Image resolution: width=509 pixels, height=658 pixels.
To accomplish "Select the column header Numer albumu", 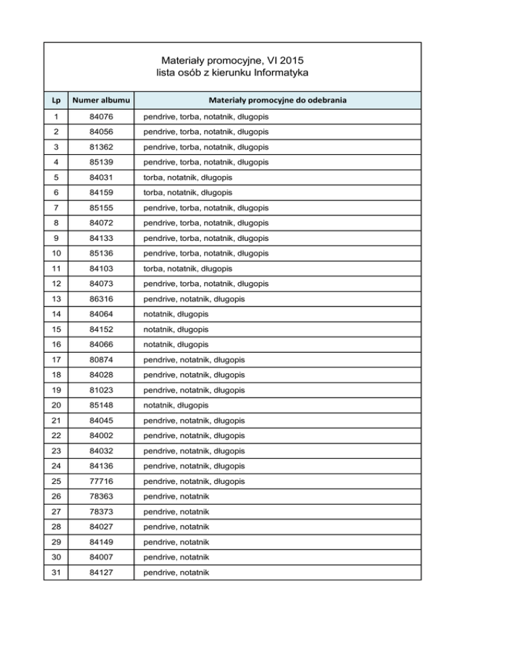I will tap(102, 101).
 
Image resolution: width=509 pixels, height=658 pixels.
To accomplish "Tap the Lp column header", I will tap(56, 101).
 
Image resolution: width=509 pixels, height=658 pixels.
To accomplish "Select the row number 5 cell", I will tap(56, 177).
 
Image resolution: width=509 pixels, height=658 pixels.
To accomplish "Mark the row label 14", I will tap(56, 314).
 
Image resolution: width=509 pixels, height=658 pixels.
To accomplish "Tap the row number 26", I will tap(56, 496).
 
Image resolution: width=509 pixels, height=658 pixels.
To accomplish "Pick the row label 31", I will tap(56, 571).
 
